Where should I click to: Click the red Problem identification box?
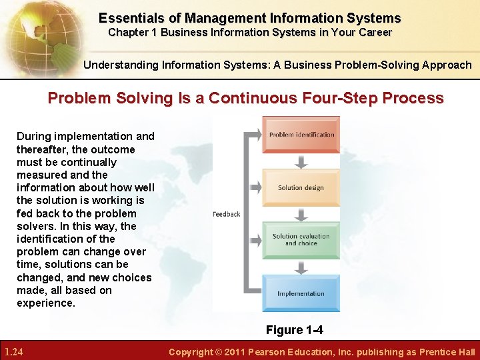(x=301, y=135)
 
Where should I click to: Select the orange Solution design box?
(x=301, y=187)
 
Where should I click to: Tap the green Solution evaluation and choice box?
(x=301, y=240)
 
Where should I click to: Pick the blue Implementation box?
(x=301, y=293)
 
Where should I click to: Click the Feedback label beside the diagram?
(x=226, y=214)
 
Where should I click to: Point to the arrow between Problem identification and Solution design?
(x=301, y=161)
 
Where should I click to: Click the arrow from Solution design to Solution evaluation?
(x=301, y=214)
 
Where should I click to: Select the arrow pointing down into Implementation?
(x=301, y=267)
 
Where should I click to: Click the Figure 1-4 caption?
(x=294, y=330)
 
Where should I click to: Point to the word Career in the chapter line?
(x=375, y=32)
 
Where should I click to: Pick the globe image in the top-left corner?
(x=33, y=33)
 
